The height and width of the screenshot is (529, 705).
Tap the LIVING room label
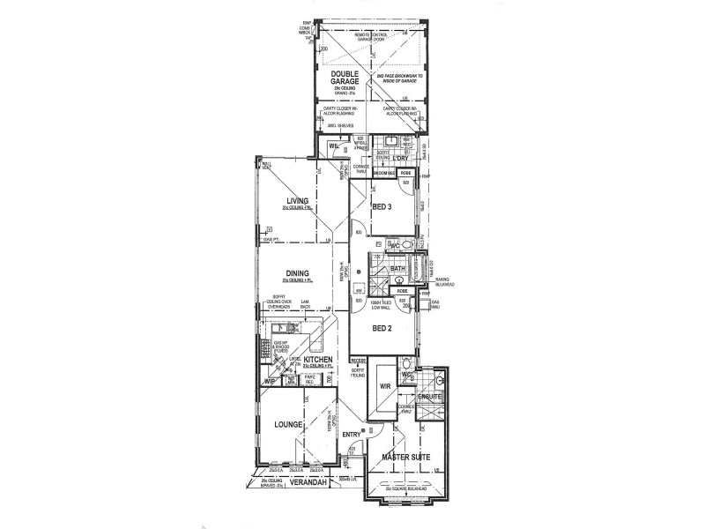tap(297, 201)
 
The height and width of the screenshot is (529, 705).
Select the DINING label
tap(296, 273)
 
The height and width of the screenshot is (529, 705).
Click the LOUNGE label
tap(288, 424)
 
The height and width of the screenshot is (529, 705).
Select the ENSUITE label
tap(429, 398)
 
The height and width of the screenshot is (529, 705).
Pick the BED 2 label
tap(382, 327)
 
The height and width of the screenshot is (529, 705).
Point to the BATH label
tap(397, 268)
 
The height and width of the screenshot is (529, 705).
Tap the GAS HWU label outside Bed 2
tap(434, 304)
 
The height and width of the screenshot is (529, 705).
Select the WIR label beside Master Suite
tap(385, 385)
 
